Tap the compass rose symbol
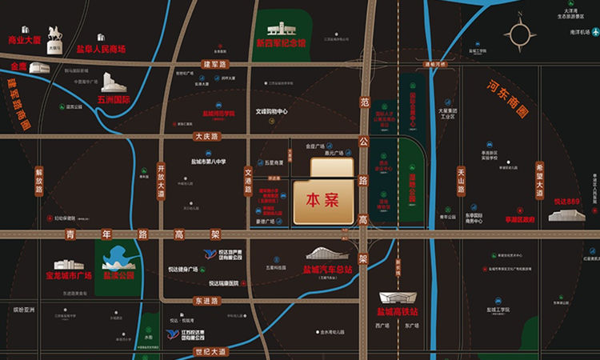[521, 36]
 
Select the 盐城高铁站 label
[403, 311]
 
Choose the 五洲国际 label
[114, 101]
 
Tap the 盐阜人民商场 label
[101, 49]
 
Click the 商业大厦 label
[25, 40]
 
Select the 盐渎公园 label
[118, 275]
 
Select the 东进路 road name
[206, 301]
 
